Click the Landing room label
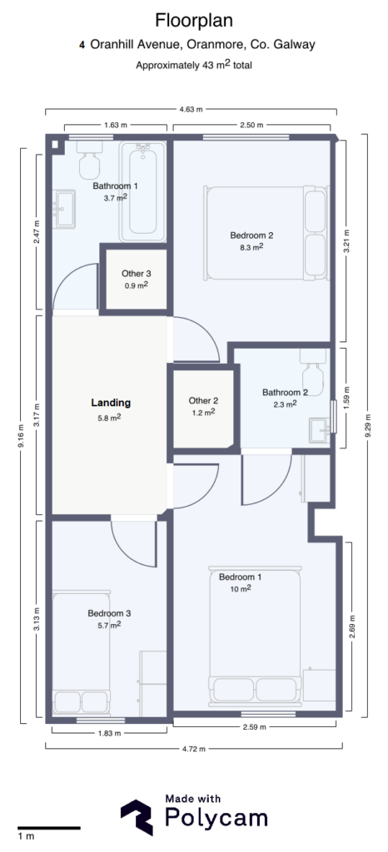point(110,403)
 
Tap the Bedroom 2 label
point(251,235)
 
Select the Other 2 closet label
point(202,400)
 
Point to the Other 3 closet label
point(136,273)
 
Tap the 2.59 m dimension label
point(255,727)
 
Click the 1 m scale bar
point(48,828)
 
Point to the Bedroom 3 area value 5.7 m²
point(109,625)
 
